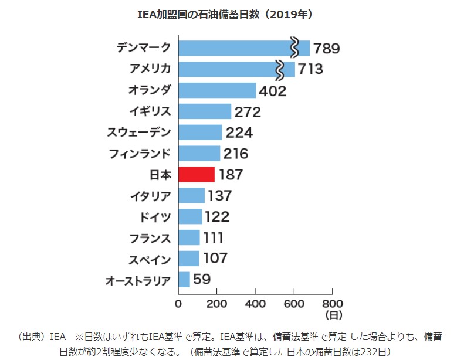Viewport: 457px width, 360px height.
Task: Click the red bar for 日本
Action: pos(197,175)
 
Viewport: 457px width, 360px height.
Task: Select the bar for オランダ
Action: pos(217,90)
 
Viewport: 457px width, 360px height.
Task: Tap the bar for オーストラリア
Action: pos(184,279)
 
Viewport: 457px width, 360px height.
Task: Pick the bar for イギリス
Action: pos(205,111)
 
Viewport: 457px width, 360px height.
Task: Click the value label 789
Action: pos(327,48)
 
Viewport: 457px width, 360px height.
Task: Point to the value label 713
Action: pos(310,69)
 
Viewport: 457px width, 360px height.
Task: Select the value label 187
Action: pos(230,175)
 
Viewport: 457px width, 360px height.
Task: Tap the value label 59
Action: pos(202,279)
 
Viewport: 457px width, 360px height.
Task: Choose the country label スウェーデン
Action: pos(139,133)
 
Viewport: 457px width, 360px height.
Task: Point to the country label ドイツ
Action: pos(156,217)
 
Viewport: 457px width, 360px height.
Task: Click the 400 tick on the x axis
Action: pos(255,304)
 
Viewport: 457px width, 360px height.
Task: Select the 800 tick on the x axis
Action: pos(332,304)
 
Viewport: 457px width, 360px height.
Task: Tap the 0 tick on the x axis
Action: pos(178,304)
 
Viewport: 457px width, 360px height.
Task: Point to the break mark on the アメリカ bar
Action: pos(280,69)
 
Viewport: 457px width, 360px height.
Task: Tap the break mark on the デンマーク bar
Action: pos(295,48)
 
